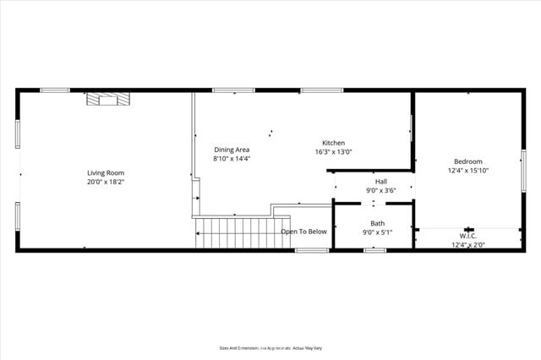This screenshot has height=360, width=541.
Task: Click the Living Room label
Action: coord(106,173)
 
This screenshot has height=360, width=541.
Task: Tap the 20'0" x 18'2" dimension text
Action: coord(106,182)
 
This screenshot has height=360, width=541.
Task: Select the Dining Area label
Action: coord(231,150)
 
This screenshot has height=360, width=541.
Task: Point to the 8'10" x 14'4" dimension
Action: coord(231,158)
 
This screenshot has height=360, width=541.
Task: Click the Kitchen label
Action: coord(333,143)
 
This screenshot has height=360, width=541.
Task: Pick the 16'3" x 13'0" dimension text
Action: coord(333,152)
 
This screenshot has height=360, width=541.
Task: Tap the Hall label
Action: coord(380,182)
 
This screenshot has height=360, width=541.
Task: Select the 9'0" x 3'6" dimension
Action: coord(380,191)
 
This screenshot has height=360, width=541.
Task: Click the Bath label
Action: coord(377,223)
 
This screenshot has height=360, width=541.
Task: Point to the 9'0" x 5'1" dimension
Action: coord(377,232)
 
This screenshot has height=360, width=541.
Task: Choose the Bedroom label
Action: coord(467,161)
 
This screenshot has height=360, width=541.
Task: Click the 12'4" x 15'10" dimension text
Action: coord(467,171)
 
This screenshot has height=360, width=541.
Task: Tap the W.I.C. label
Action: coord(467,236)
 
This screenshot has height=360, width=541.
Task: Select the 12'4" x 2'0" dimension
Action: coord(467,245)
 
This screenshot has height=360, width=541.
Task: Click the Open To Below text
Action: coord(303,232)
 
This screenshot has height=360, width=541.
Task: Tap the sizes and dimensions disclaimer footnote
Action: coord(270,347)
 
